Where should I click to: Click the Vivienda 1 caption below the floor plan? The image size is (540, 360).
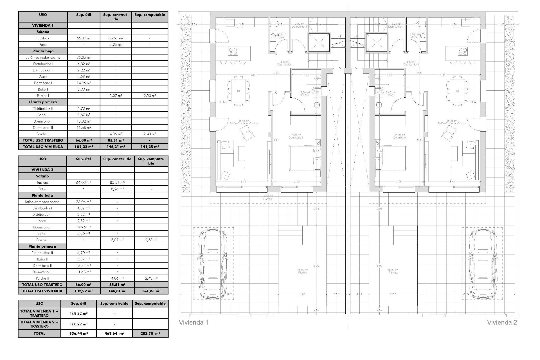(x=193, y=322)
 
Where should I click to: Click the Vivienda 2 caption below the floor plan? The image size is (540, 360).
(x=502, y=322)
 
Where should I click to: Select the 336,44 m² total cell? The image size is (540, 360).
(x=78, y=333)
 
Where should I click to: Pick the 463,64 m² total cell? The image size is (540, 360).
(x=114, y=333)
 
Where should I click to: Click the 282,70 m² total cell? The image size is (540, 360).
(x=150, y=333)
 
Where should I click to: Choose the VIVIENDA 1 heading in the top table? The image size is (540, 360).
(x=43, y=25)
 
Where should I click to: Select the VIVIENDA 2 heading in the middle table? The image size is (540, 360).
(x=42, y=170)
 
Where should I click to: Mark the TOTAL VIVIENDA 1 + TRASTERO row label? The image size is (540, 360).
(x=39, y=313)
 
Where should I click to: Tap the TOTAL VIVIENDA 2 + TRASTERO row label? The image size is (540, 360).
(x=39, y=324)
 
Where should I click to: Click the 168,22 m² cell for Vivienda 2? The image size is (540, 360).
(x=78, y=324)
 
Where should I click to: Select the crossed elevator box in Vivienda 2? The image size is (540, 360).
(x=376, y=42)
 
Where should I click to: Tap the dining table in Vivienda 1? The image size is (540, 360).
(x=238, y=91)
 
